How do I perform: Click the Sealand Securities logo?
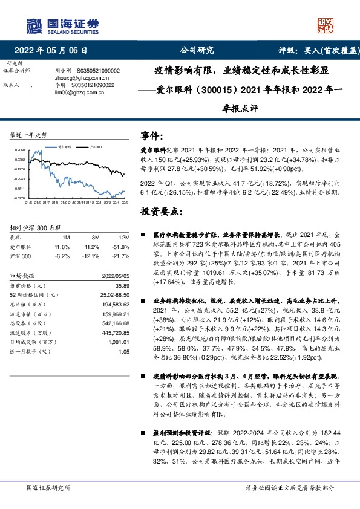(x=62, y=25)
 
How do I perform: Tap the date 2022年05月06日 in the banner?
(x=54, y=50)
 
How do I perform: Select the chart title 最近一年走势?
(x=29, y=134)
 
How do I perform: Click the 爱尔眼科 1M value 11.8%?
(x=62, y=247)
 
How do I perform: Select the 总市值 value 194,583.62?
(x=116, y=304)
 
